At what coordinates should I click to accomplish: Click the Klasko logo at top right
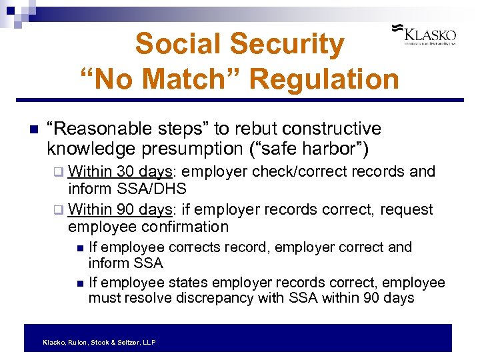[x=427, y=34]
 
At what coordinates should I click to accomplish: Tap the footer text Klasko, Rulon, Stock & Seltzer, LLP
[x=99, y=342]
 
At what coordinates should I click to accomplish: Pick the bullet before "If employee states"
[x=80, y=283]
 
